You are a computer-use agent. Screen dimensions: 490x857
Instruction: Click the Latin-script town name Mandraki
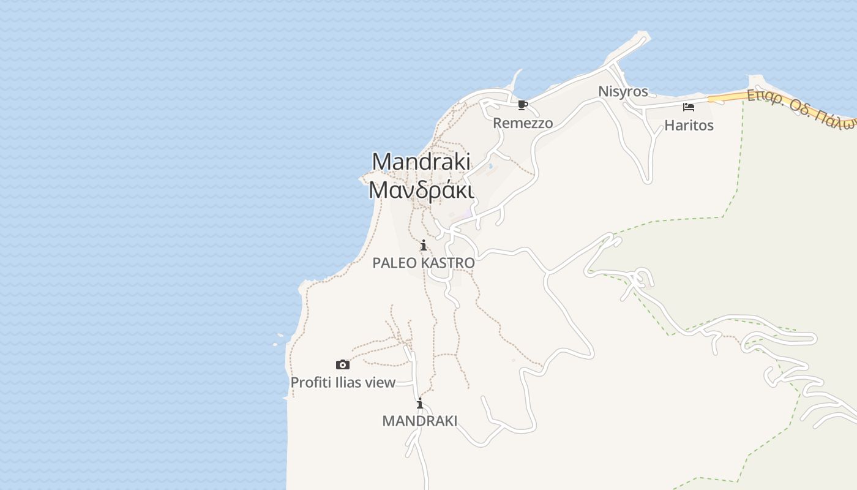(421, 162)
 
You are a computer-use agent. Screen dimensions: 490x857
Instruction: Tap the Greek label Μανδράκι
(421, 190)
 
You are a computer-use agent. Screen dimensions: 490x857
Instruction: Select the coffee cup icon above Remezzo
(522, 105)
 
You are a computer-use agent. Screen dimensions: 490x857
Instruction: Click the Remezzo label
(523, 123)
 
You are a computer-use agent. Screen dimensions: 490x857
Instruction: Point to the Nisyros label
(623, 92)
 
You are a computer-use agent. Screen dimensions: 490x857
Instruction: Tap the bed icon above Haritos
(689, 108)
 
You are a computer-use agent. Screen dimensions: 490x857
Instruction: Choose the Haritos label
(689, 126)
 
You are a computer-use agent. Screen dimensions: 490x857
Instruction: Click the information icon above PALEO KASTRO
(423, 246)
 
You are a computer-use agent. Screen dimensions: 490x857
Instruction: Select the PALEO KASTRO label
(423, 263)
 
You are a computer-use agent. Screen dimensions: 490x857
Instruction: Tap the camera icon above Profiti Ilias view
(343, 365)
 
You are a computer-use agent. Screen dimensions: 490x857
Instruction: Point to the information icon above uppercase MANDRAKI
(420, 404)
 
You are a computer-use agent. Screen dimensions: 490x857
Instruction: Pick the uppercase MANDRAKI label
(419, 421)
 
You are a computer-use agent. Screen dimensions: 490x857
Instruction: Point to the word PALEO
(394, 263)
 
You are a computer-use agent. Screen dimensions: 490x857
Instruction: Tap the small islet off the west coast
(280, 335)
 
